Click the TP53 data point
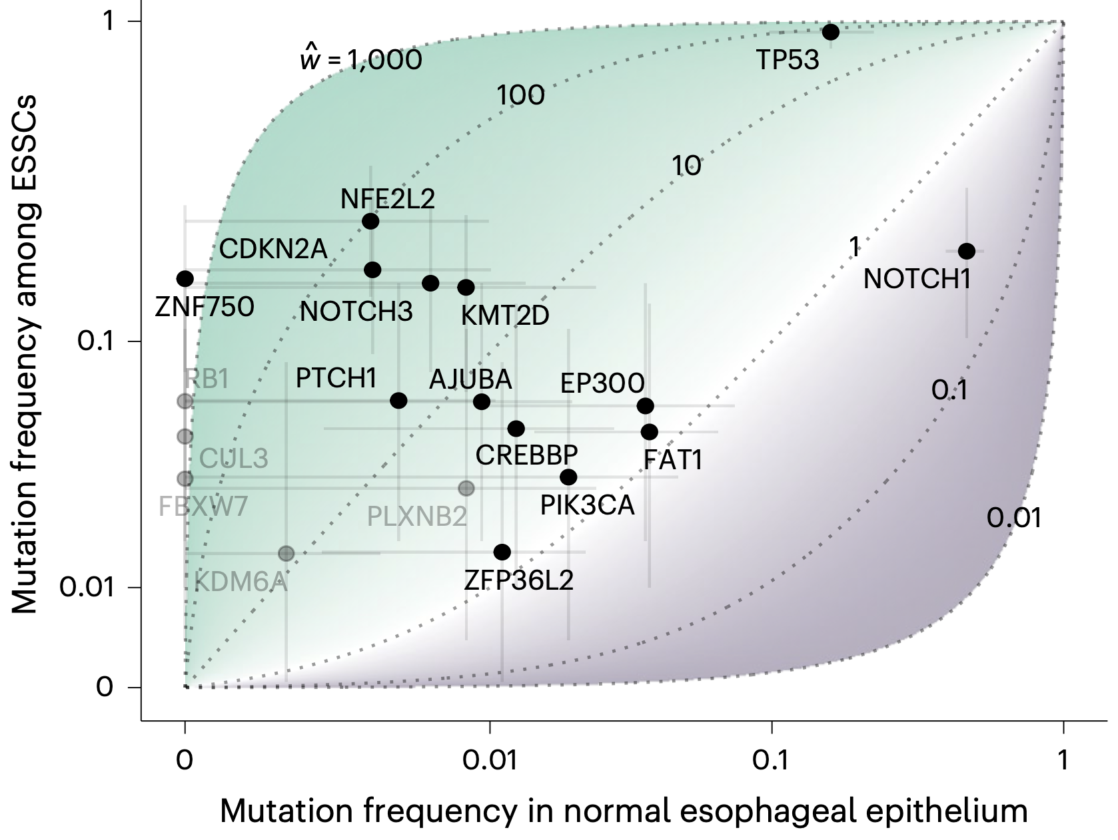pos(831,32)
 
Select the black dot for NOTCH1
pos(967,251)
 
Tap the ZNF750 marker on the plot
pos(185,279)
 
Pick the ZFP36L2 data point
pos(502,552)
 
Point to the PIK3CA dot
pos(568,477)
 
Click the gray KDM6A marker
pos(286,554)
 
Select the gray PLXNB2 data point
pos(466,489)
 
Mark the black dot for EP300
pos(646,406)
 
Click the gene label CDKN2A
pos(273,250)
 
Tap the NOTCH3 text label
pos(356,312)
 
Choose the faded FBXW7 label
pos(203,507)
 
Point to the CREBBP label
pos(526,455)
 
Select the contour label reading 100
pos(520,95)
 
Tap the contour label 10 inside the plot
pos(686,166)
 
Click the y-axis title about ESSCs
pos(24,354)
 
